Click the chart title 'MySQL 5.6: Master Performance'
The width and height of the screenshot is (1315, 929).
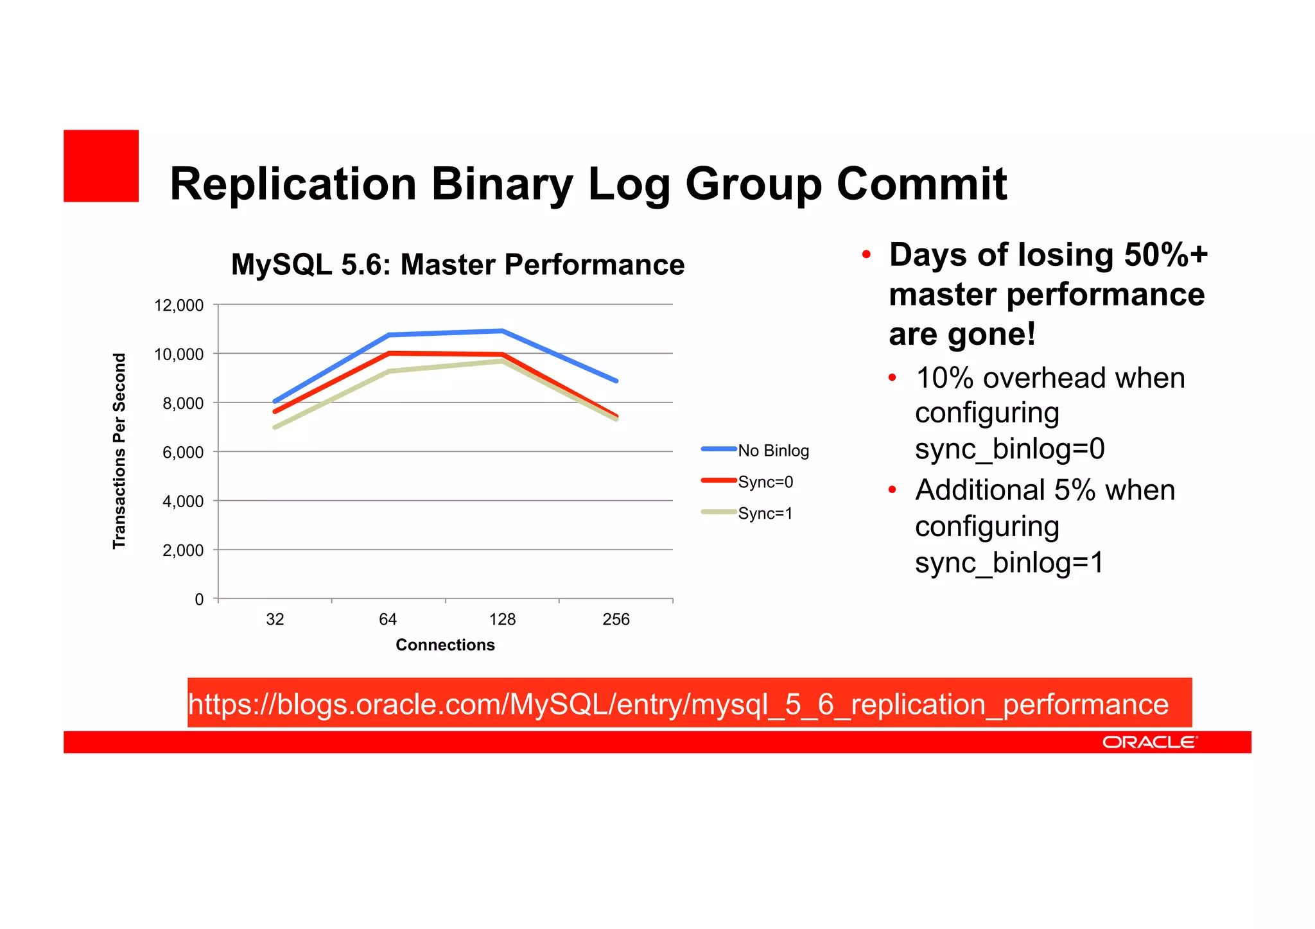coord(457,265)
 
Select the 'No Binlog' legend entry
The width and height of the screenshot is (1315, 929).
coord(772,451)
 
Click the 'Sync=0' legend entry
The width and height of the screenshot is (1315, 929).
coord(765,482)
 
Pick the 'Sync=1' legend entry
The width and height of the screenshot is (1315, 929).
coord(765,514)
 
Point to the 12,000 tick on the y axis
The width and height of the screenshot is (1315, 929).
coord(179,306)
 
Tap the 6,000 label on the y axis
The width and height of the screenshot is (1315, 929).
coord(182,453)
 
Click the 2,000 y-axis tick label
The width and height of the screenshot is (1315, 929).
coord(182,551)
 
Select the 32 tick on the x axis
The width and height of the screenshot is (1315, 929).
coord(275,620)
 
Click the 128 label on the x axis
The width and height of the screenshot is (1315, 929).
coord(502,620)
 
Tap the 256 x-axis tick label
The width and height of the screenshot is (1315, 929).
coord(616,620)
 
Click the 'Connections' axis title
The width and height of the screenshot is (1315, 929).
coord(445,645)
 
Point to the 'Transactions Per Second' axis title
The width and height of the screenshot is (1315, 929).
coord(119,451)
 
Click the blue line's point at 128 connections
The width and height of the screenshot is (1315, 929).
coord(502,331)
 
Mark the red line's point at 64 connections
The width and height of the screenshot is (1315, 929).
coord(389,353)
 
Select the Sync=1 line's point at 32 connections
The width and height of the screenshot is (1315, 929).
coord(275,428)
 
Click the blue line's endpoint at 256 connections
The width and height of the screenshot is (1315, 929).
coord(616,381)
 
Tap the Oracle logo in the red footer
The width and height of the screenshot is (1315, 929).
coord(1149,742)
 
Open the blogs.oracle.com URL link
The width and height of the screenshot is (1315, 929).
coord(678,704)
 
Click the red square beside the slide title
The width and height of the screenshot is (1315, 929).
coord(101,166)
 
